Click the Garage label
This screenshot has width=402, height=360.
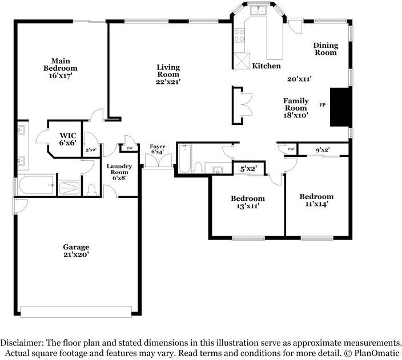coord(76,247)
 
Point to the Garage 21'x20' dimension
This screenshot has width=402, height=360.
coord(76,255)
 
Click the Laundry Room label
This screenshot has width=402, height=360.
coord(119,169)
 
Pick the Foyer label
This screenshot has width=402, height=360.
coord(158,147)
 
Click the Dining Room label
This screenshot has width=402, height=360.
coord(325,48)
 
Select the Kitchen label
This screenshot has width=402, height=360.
coord(266,66)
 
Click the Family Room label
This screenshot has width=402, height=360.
coord(296,104)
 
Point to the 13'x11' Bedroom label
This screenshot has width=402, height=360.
coord(248,199)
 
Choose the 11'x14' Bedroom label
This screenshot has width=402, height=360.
coord(317,197)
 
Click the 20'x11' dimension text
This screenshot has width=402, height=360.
coord(299,79)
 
